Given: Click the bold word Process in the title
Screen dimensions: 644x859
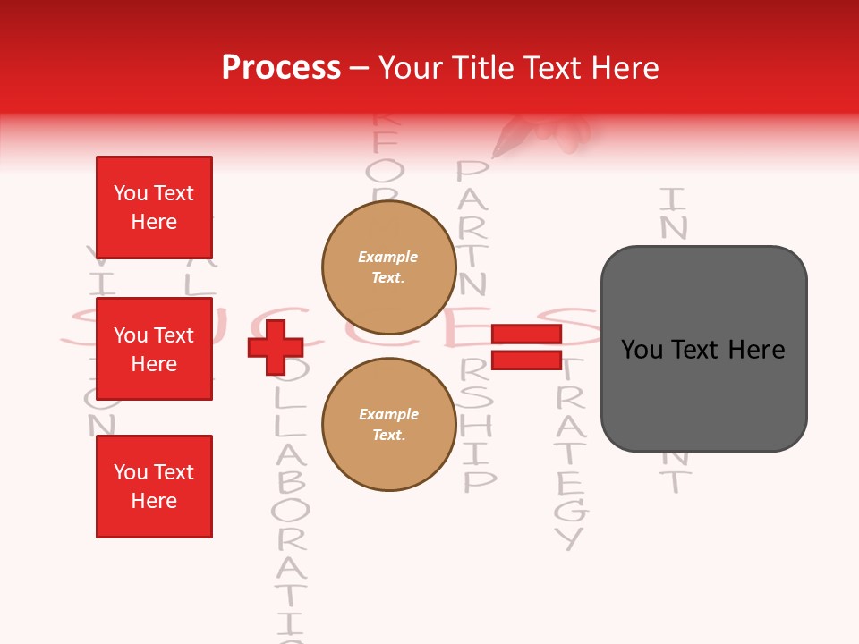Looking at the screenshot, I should tap(281, 68).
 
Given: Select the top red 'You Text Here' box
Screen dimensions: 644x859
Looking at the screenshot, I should tap(154, 208).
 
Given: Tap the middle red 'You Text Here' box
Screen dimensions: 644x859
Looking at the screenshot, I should tap(154, 349).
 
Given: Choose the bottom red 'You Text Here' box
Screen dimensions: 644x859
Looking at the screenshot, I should tap(154, 487).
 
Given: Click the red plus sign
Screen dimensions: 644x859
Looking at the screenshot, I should tap(276, 347).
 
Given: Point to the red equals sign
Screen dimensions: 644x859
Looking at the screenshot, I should tap(526, 347).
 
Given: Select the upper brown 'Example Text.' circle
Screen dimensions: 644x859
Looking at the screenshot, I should tap(388, 267).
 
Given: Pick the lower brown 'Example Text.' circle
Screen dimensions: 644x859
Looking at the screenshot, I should tap(388, 424).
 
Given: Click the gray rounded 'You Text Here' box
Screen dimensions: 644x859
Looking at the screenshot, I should tap(703, 349).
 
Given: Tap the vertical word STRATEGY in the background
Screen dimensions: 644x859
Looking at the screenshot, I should tap(569, 456).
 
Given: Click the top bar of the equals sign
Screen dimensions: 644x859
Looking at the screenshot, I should tap(526, 335).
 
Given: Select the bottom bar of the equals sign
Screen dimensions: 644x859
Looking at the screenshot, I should tap(526, 360).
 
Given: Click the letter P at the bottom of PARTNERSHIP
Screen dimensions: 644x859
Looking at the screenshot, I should tap(478, 480).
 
